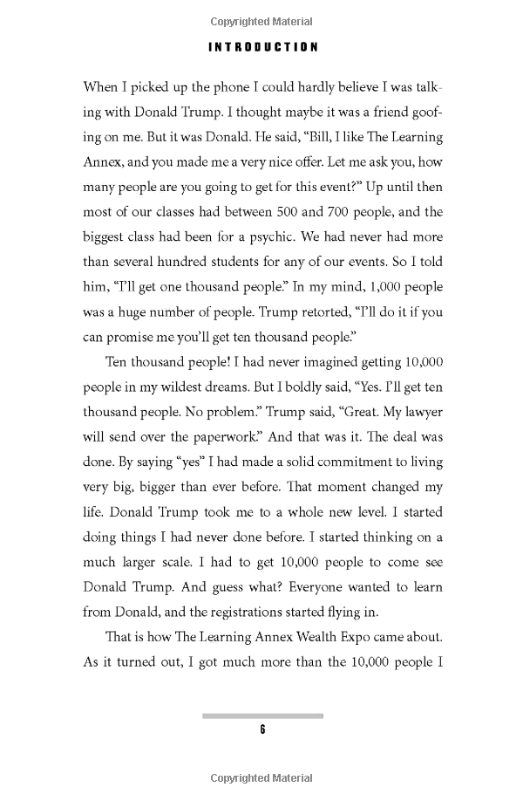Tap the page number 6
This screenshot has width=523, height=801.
[x=261, y=730]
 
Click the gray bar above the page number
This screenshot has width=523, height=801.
[x=262, y=715]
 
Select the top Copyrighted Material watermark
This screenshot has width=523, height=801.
[x=262, y=22]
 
